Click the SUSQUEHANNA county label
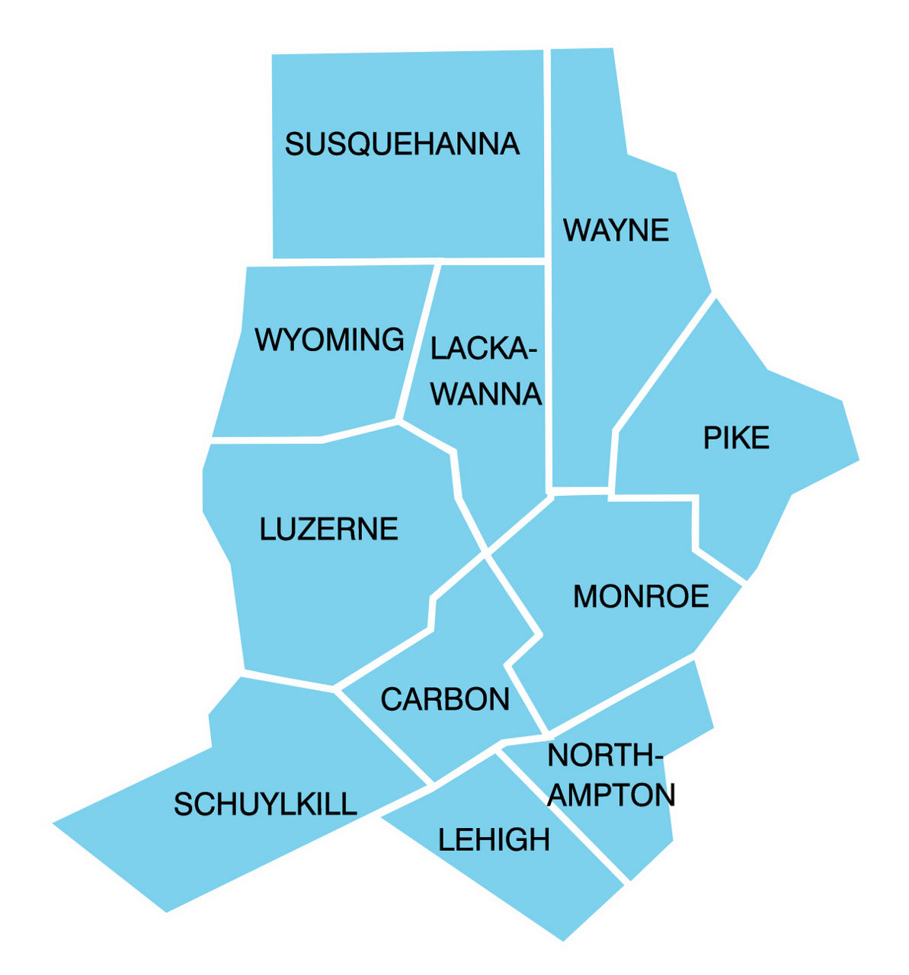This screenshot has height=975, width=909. click(x=402, y=144)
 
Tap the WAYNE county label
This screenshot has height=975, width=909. click(x=616, y=230)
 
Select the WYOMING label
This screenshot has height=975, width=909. click(x=329, y=340)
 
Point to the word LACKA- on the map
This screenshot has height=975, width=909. click(x=483, y=349)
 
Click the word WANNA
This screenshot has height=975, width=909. click(x=486, y=395)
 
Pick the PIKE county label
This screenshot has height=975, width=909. click(x=735, y=438)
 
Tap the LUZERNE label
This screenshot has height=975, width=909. click(x=328, y=529)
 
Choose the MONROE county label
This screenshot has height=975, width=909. click(x=640, y=596)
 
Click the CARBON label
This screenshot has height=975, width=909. click(x=445, y=699)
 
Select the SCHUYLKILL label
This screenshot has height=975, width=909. click(x=265, y=804)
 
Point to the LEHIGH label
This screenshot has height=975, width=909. click(x=494, y=840)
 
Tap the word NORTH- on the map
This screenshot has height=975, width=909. click(x=605, y=756)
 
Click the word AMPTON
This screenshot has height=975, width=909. click(x=613, y=795)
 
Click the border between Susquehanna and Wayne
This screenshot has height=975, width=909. click(x=547, y=152)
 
